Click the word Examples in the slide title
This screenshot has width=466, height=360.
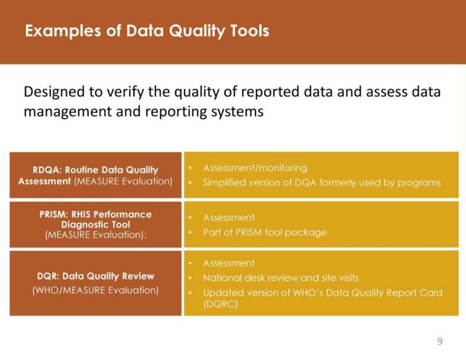tap(55, 31)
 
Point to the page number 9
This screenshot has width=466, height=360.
tap(440, 342)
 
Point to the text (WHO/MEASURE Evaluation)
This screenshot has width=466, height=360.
tap(95, 290)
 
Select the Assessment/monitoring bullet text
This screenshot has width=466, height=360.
tap(255, 168)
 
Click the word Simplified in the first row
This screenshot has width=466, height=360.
tap(225, 183)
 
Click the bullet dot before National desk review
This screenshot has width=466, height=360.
tap(191, 278)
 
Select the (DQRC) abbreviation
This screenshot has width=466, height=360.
tap(220, 305)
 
